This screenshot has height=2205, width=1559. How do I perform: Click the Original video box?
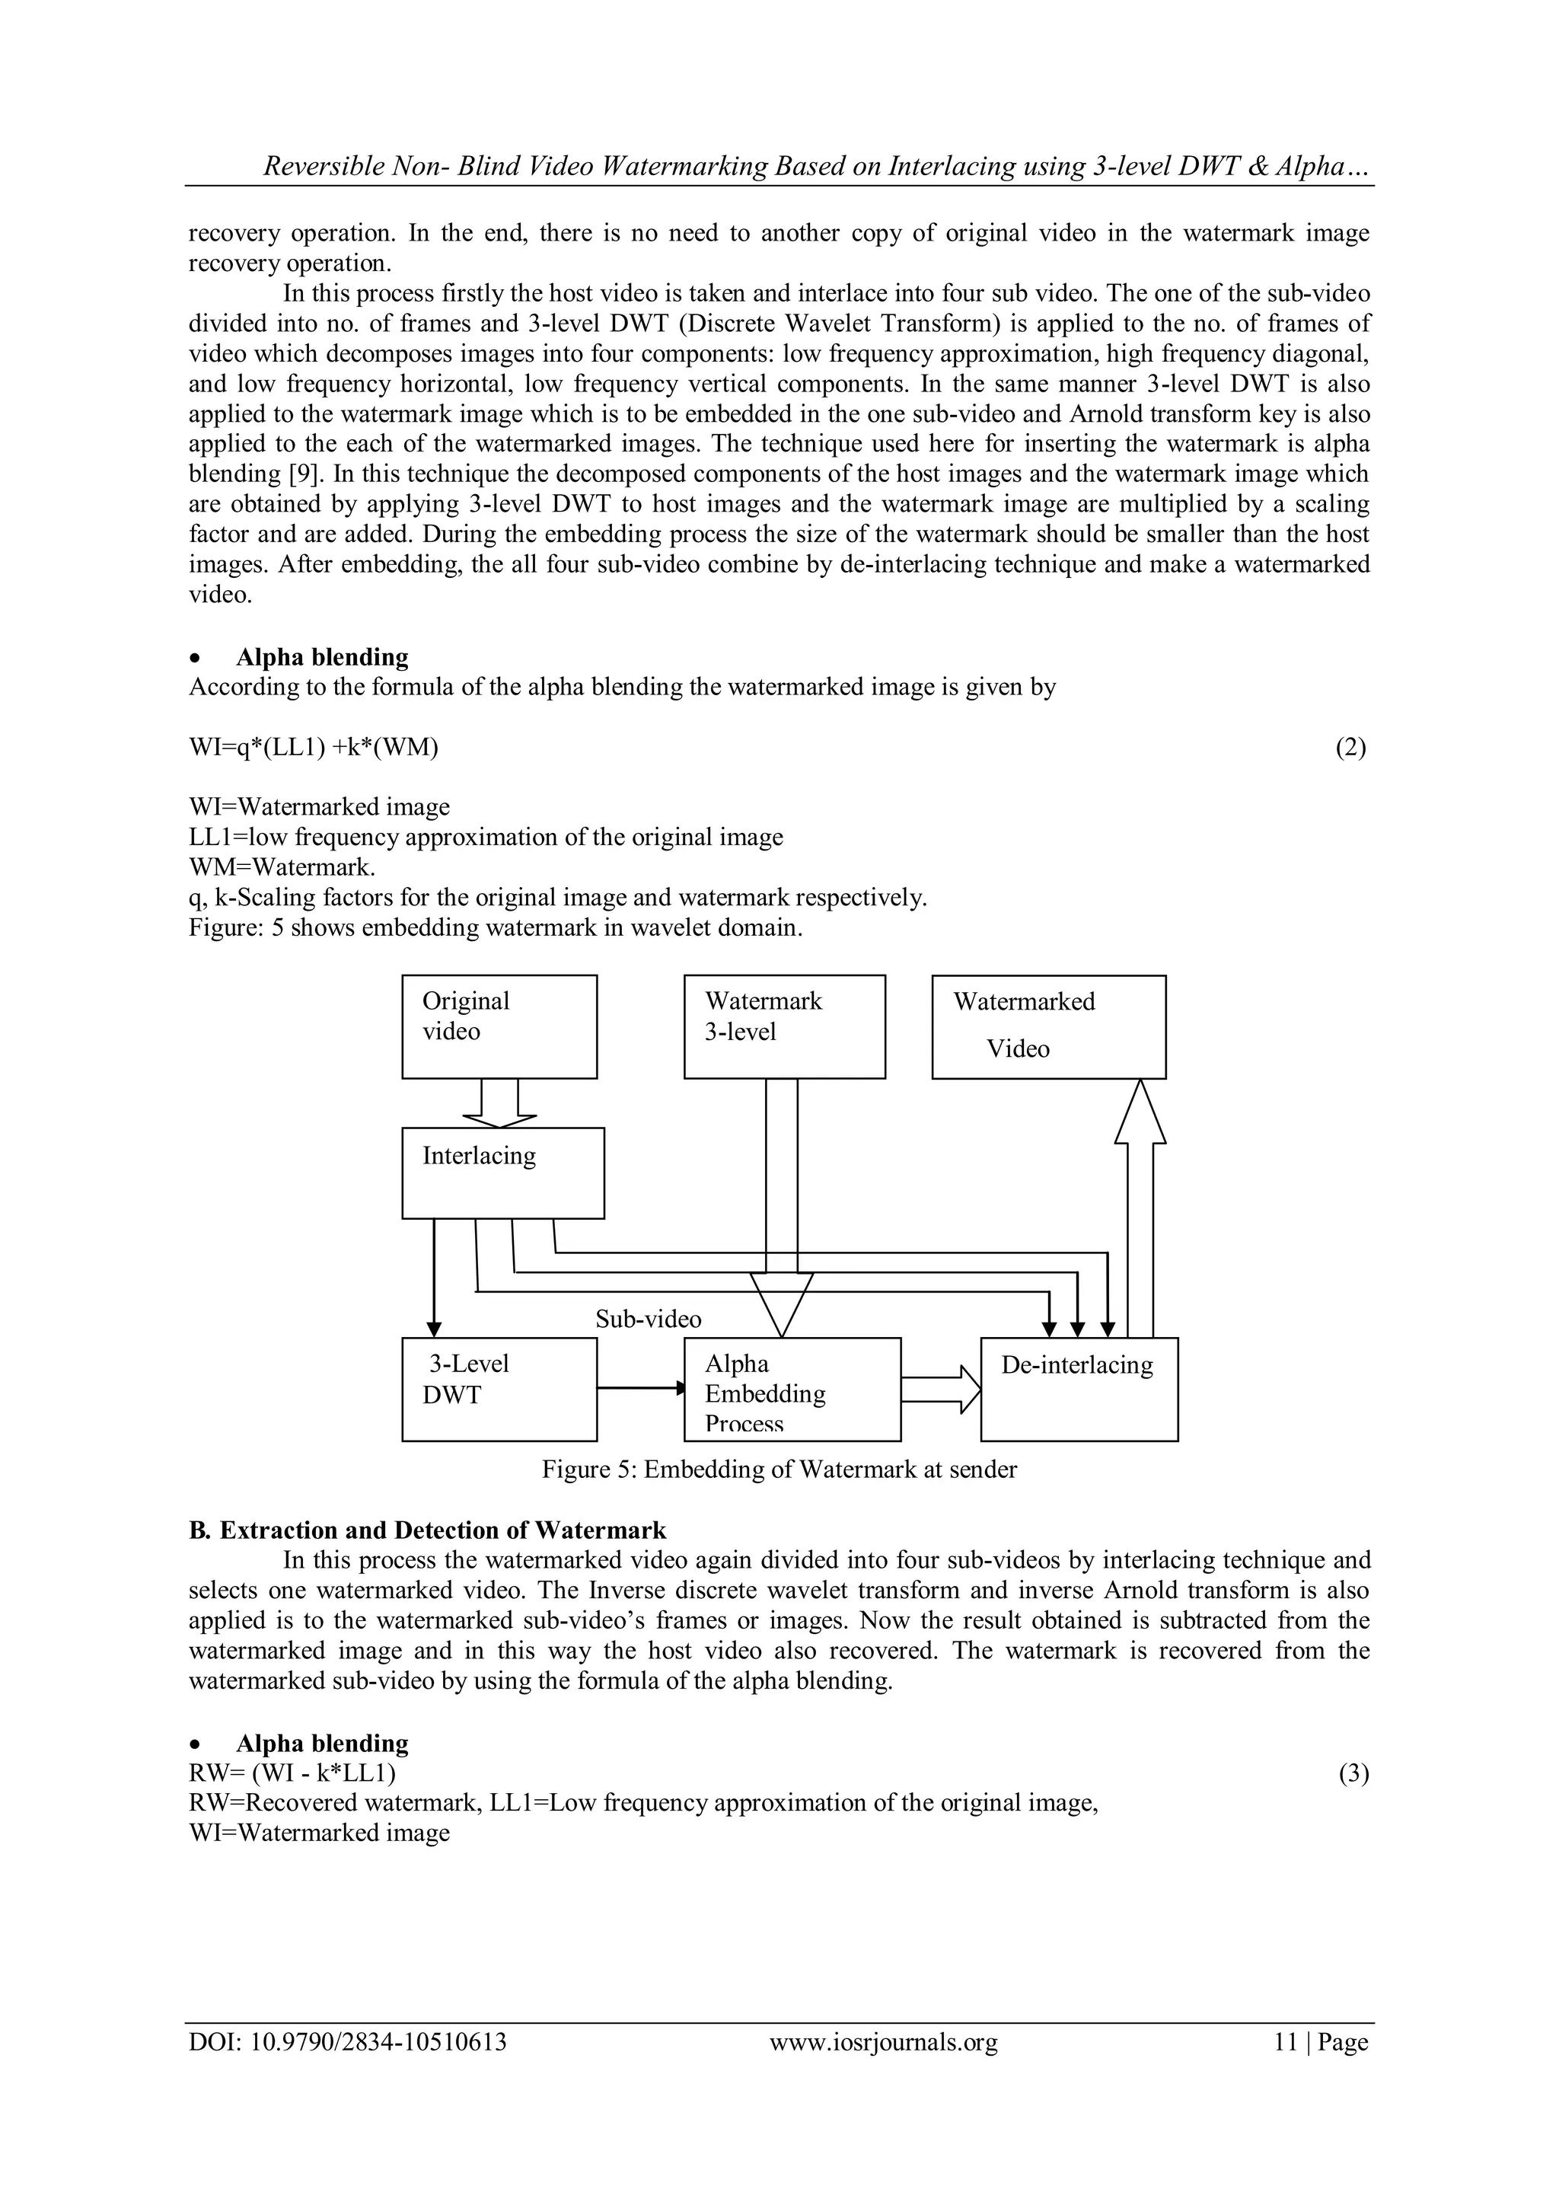coord(499,1026)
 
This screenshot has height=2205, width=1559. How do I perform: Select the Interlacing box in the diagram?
coord(503,1172)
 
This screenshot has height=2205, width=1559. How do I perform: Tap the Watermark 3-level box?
coord(784,1026)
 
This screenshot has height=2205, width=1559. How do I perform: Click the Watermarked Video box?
coord(1048,1026)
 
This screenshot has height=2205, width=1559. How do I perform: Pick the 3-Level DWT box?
coord(499,1388)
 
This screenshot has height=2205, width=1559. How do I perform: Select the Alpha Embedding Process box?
coord(792,1388)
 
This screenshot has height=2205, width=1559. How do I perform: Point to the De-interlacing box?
coord(1079,1388)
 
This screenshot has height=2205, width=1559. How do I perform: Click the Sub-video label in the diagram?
coord(648,1319)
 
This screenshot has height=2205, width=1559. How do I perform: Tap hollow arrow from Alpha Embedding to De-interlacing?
coord(941,1389)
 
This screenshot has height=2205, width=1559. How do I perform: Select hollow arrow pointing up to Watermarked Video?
coord(1140,1210)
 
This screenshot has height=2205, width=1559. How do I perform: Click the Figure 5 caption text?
coord(779,1469)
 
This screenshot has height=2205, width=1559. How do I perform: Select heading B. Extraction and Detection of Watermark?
coord(427,1530)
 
